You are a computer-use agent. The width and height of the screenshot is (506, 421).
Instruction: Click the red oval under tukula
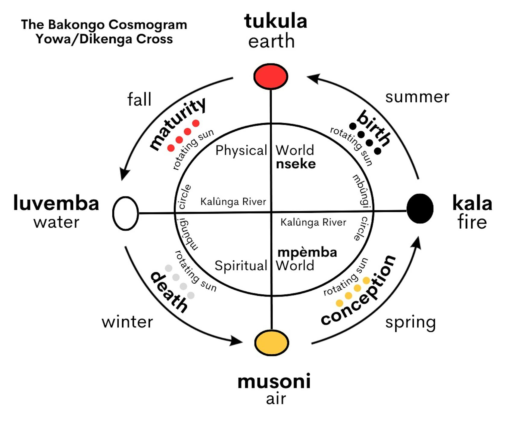coord(271,76)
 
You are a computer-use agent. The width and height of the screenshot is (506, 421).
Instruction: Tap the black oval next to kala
coord(420,208)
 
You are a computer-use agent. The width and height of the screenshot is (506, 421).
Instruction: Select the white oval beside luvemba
coord(126,213)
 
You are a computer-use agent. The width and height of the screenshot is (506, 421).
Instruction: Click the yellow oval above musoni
coord(271,343)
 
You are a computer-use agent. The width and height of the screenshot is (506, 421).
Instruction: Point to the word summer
coord(417,97)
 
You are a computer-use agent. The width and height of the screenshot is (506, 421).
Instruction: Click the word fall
coord(139,99)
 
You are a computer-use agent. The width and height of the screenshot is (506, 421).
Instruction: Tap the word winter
coord(127,322)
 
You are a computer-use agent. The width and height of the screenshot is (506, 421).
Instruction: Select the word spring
coord(411,323)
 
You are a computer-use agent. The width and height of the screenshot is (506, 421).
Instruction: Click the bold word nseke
coord(296,164)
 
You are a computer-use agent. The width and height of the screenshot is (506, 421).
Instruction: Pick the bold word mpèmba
coord(307,252)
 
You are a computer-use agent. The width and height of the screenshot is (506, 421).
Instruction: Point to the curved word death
coord(169,292)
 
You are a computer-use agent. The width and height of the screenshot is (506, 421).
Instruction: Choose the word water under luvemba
coord(56,223)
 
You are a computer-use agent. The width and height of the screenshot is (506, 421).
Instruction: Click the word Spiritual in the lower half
coord(241,266)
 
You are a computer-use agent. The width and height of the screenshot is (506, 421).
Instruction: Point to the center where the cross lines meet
coord(271,212)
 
